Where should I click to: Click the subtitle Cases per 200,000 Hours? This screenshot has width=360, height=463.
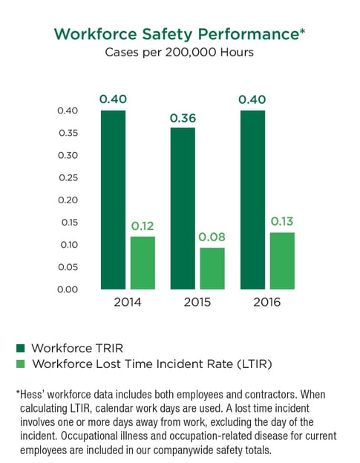(x=180, y=53)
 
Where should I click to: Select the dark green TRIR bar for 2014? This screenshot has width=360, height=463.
(x=113, y=200)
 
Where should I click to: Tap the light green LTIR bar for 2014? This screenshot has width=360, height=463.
(x=143, y=263)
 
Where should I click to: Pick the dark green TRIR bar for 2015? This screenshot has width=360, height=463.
(x=183, y=208)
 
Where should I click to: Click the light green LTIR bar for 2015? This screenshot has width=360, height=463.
(x=212, y=268)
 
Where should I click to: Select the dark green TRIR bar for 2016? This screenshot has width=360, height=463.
(x=252, y=200)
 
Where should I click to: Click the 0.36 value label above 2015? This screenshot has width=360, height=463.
(x=183, y=118)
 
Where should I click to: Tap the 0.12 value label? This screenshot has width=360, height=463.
(x=143, y=226)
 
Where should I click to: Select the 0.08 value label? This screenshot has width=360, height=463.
(x=212, y=237)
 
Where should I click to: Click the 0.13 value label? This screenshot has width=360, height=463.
(x=282, y=222)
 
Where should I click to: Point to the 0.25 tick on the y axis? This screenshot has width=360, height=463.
(x=67, y=178)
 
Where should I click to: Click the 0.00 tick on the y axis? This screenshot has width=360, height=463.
(x=67, y=289)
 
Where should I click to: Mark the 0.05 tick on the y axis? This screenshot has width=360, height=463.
(x=67, y=267)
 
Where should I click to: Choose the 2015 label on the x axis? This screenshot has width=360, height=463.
(x=197, y=303)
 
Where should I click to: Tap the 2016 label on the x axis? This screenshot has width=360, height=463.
(x=267, y=303)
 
